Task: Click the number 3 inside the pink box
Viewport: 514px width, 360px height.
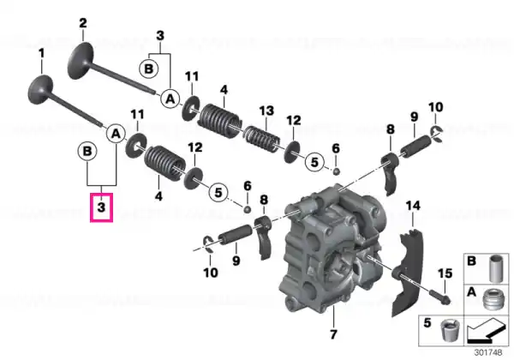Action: click(x=101, y=207)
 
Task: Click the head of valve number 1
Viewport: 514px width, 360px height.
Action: click(x=40, y=89)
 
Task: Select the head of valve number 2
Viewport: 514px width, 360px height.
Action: click(x=81, y=61)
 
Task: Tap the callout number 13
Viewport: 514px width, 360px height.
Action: click(x=266, y=111)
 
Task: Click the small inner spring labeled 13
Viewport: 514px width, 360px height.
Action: click(x=263, y=138)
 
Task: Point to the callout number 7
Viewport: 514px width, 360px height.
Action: click(x=333, y=334)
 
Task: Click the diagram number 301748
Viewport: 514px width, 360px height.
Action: click(x=487, y=353)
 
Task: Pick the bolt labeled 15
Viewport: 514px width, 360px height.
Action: click(x=439, y=296)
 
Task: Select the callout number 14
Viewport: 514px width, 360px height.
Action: click(x=413, y=206)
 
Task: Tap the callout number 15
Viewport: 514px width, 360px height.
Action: click(x=445, y=273)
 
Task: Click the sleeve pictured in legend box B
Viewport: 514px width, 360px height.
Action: click(x=496, y=268)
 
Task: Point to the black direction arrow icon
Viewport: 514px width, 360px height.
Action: click(x=486, y=331)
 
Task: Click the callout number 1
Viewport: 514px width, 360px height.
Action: click(x=41, y=54)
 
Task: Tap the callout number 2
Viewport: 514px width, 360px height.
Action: click(x=83, y=23)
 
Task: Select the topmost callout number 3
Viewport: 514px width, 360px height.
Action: click(x=160, y=35)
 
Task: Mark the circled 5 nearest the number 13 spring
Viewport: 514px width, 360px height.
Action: click(x=314, y=162)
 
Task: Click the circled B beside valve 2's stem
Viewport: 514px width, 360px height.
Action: click(x=148, y=69)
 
